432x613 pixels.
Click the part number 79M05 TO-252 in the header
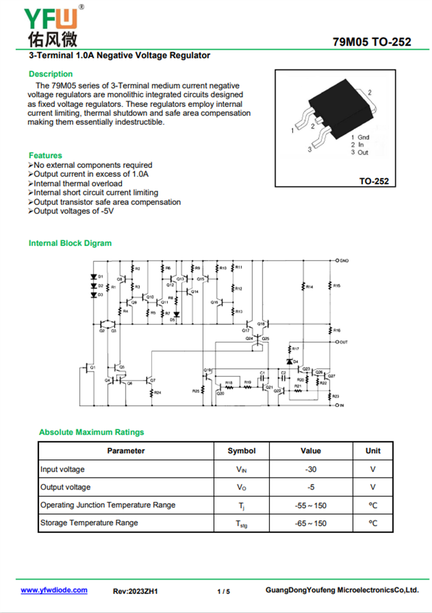pyautogui.click(x=372, y=42)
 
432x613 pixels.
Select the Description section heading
pyautogui.click(x=51, y=74)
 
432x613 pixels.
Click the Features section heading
pyautogui.click(x=45, y=155)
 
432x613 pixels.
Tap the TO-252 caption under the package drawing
pyautogui.click(x=374, y=182)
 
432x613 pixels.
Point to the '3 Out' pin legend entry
pyautogui.click(x=360, y=152)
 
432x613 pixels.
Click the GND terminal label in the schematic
pyautogui.click(x=344, y=261)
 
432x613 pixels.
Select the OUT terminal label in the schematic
pyautogui.click(x=343, y=342)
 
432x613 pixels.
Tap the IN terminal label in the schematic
pyautogui.click(x=341, y=405)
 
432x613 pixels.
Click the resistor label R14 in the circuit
pyautogui.click(x=309, y=286)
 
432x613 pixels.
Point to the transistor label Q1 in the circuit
pyautogui.click(x=93, y=367)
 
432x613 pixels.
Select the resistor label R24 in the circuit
pyautogui.click(x=158, y=392)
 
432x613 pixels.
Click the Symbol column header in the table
pyautogui.click(x=241, y=451)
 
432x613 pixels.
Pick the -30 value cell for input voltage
pyautogui.click(x=310, y=469)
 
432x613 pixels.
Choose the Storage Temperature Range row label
pyautogui.click(x=89, y=523)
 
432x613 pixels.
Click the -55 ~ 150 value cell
pyautogui.click(x=310, y=505)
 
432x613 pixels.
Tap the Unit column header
pyautogui.click(x=373, y=451)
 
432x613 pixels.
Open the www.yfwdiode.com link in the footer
pyautogui.click(x=54, y=590)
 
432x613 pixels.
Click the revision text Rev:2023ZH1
pyautogui.click(x=135, y=591)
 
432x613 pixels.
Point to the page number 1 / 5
pyautogui.click(x=224, y=591)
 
